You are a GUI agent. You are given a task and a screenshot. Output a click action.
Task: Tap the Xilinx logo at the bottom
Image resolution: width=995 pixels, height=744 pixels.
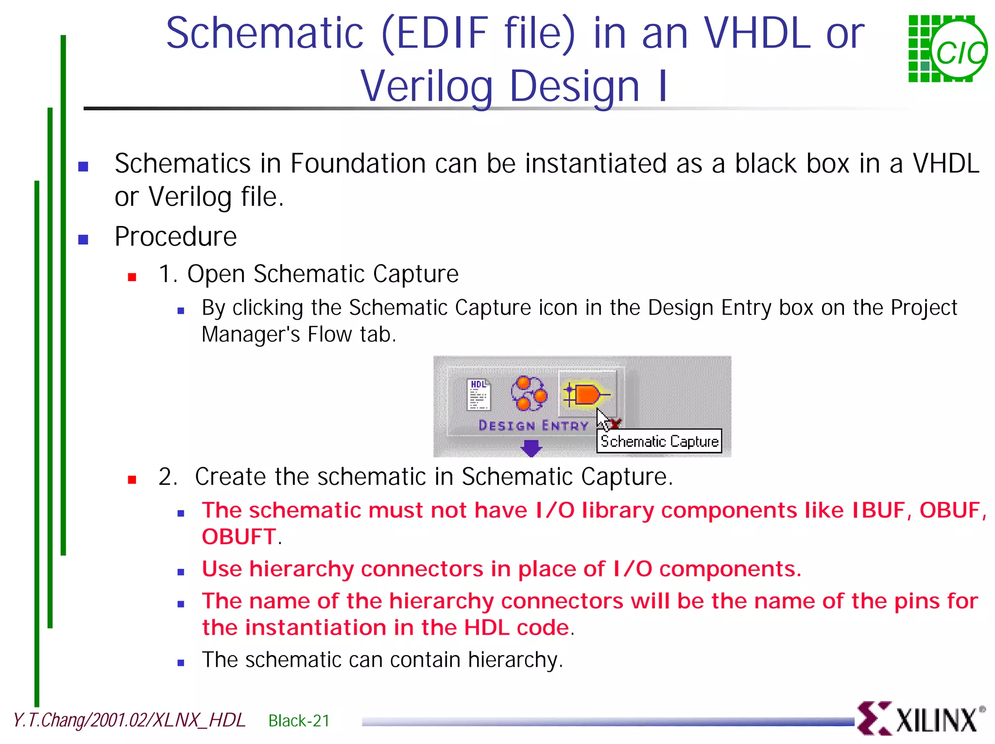(920, 719)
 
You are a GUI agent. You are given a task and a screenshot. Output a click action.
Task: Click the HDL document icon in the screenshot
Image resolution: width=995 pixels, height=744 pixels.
(479, 394)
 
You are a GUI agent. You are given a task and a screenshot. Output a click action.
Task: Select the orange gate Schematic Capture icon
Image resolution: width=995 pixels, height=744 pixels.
(587, 394)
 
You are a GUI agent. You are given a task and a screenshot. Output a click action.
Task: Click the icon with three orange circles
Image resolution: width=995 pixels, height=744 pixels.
(529, 393)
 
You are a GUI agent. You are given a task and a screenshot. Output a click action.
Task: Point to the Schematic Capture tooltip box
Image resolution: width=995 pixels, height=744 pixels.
(659, 442)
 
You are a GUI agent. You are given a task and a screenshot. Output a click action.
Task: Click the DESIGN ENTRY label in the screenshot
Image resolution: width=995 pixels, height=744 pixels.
(533, 426)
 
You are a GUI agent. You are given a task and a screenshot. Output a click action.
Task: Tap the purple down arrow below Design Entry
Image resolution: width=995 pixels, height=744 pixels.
(531, 447)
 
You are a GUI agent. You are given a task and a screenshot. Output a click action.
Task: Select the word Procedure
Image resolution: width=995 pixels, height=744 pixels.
(175, 237)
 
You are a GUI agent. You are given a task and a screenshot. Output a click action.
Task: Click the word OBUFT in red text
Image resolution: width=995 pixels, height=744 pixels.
(239, 537)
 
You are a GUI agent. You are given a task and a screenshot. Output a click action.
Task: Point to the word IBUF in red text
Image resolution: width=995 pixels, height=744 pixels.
(878, 511)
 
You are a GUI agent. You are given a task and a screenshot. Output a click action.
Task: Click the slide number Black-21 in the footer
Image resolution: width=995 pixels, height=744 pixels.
(299, 721)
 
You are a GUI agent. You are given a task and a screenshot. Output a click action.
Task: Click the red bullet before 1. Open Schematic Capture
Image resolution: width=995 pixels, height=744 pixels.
(132, 277)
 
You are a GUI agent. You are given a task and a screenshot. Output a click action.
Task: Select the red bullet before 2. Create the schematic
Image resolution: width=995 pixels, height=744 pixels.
(132, 480)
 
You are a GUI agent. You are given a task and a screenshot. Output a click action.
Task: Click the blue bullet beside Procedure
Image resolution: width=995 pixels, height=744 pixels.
(83, 240)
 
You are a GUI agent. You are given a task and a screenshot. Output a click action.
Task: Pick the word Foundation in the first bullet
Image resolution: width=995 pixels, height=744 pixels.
(358, 163)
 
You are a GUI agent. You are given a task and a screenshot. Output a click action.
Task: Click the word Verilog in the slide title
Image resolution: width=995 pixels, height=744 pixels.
(427, 87)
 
